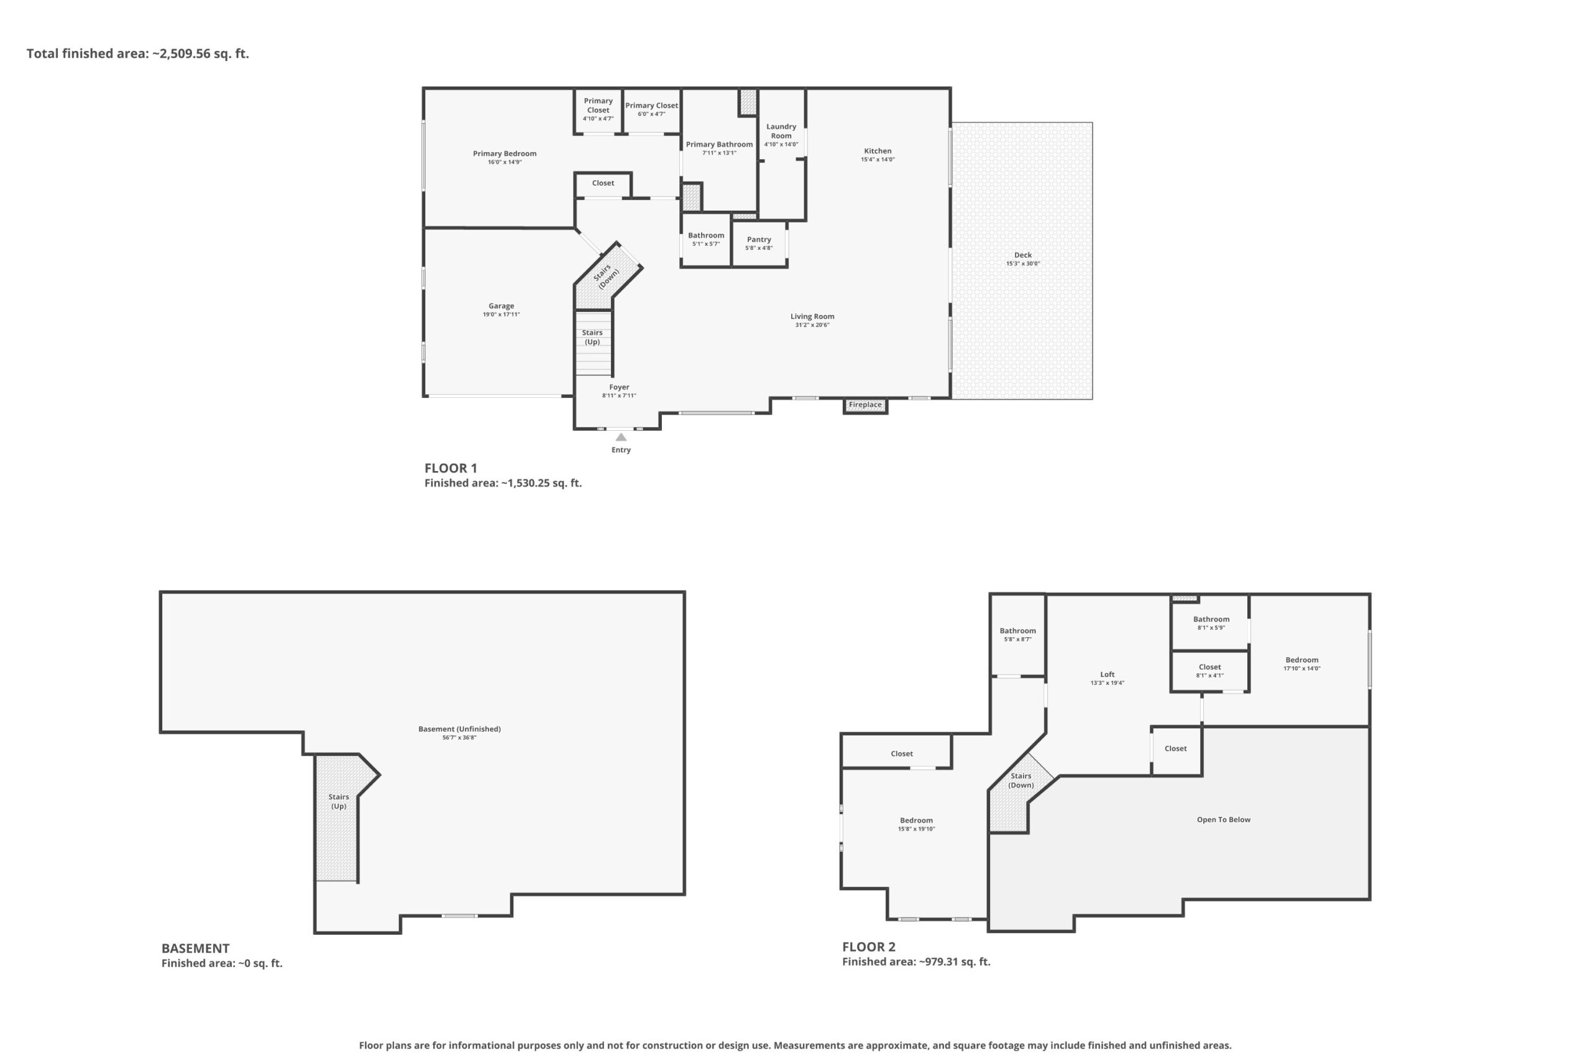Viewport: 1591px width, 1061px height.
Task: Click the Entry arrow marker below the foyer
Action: click(x=621, y=437)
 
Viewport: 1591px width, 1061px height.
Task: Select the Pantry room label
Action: click(x=759, y=239)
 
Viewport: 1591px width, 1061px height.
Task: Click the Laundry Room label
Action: click(x=781, y=131)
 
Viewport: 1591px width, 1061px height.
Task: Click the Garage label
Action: click(x=502, y=306)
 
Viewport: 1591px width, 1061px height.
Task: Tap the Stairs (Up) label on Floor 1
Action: click(x=592, y=337)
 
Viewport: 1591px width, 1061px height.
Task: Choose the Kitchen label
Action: click(x=878, y=151)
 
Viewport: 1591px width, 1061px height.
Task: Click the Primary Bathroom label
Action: click(x=719, y=144)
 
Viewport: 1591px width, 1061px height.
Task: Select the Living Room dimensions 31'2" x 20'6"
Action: click(x=812, y=326)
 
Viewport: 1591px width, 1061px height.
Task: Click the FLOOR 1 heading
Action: click(x=451, y=468)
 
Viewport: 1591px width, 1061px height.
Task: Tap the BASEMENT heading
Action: click(x=196, y=948)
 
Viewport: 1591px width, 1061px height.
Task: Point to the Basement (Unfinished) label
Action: click(x=459, y=728)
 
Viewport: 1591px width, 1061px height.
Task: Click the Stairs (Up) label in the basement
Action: click(x=339, y=801)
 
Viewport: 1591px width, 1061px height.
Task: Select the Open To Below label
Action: click(x=1224, y=819)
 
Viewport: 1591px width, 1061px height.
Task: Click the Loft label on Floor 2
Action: click(x=1107, y=674)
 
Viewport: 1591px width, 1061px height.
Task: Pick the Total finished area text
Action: click(x=138, y=53)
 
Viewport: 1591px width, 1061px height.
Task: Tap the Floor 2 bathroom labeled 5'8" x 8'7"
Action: click(x=1018, y=634)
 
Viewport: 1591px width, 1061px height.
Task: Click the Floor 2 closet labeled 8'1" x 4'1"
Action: click(x=1210, y=671)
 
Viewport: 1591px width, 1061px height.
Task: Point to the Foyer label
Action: click(x=619, y=387)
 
